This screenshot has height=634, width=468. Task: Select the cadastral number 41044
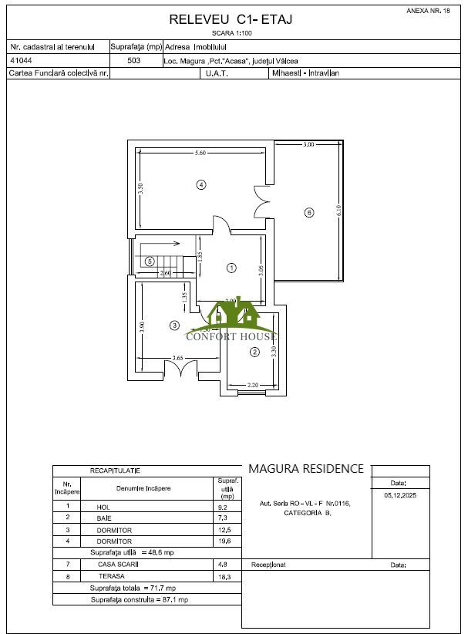[x=20, y=60]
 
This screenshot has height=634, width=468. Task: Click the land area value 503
[x=133, y=60]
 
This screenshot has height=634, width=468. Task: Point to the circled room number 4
[x=200, y=184]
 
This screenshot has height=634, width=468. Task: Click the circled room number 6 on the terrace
[x=309, y=212]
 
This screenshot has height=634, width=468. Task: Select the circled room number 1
[x=231, y=268]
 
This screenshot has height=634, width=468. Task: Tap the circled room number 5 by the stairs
[x=150, y=261]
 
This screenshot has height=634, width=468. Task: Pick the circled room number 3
[x=175, y=325]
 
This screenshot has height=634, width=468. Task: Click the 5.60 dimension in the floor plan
[x=200, y=153]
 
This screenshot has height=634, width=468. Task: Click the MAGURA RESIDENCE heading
[x=305, y=468]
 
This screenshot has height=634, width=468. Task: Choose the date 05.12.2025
[x=399, y=496]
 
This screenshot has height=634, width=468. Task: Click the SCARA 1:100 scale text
[x=231, y=33]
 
